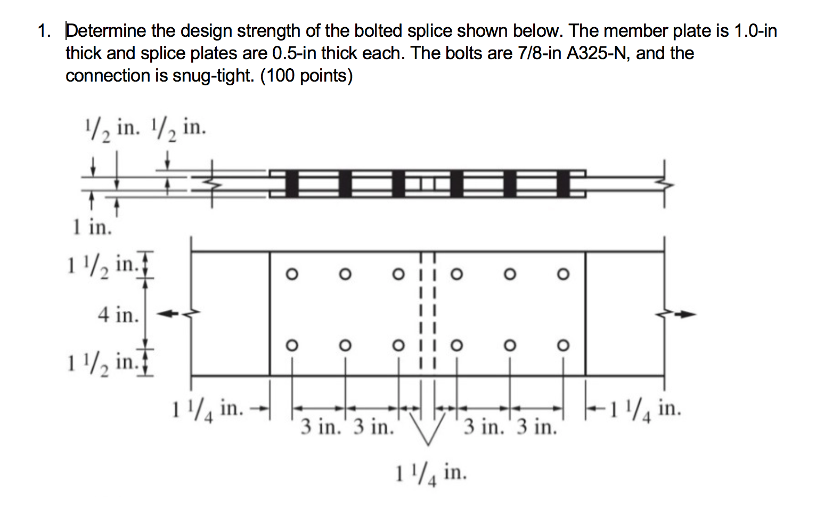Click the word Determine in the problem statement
(105, 31)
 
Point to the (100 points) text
(306, 76)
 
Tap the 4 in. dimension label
(118, 315)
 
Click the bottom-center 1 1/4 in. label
(430, 473)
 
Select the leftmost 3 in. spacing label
(321, 427)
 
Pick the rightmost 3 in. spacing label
(537, 427)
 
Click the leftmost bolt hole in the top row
(291, 274)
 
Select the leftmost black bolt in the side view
(291, 184)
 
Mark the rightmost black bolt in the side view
(564, 184)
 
